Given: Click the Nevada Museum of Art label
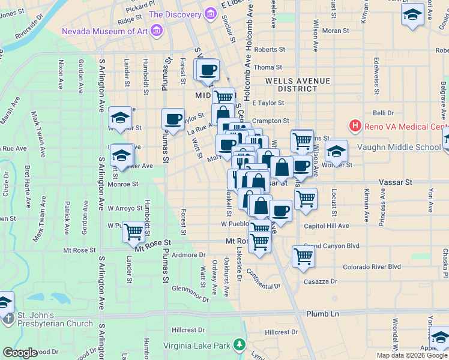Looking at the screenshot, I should pyautogui.click(x=104, y=31).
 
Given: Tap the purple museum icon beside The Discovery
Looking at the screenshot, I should pyautogui.click(x=209, y=14).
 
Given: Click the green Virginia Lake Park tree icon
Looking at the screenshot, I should pyautogui.click(x=240, y=345).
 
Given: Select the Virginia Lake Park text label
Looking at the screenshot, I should pyautogui.click(x=197, y=346).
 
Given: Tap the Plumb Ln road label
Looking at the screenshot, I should pyautogui.click(x=322, y=314).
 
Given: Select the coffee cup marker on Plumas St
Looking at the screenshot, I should pyautogui.click(x=173, y=118).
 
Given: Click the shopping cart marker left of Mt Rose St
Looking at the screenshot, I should pyautogui.click(x=133, y=230).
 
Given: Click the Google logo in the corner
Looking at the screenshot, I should pyautogui.click(x=20, y=353).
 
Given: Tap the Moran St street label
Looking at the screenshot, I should pyautogui.click(x=336, y=30).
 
